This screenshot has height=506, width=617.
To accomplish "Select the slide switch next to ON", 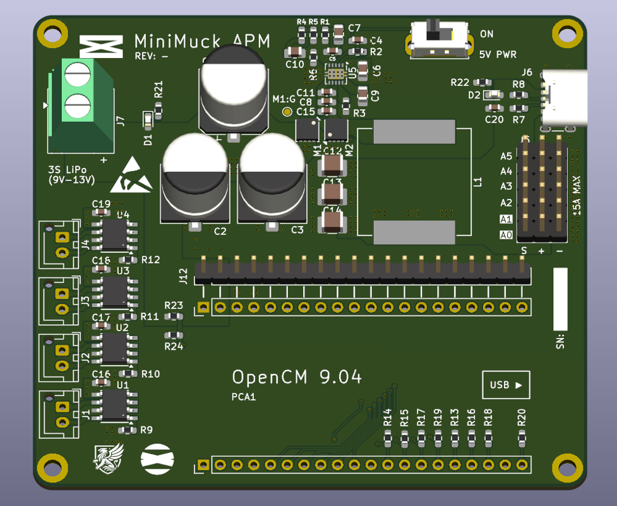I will point(440,39).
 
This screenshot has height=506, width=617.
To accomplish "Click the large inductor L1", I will point(414,182).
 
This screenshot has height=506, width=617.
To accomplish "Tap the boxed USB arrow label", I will point(506,385).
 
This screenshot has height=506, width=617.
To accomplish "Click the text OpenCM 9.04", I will point(297,378).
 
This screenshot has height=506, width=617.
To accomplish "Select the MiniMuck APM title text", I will point(202,42).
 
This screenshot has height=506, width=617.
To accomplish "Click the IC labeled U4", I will point(115,234).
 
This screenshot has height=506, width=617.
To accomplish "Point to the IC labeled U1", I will point(115,405).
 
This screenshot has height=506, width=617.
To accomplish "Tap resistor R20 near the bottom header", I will point(522,438).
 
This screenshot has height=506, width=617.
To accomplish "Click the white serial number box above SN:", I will point(560,299).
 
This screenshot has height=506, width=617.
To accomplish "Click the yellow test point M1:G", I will point(287,112).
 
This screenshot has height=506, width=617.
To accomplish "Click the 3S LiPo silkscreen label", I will point(71,175).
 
